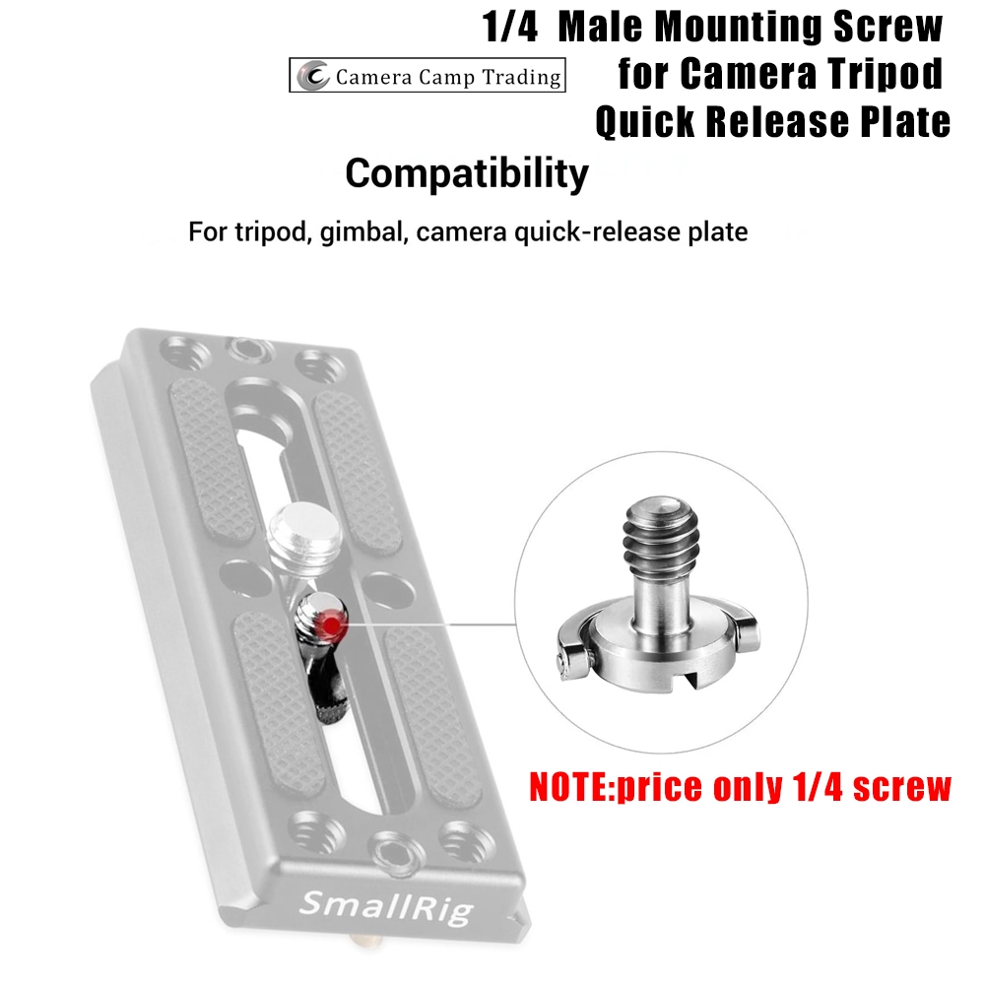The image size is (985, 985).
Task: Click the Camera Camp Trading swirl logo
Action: point(313,76)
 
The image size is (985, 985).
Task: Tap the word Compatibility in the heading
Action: point(467,174)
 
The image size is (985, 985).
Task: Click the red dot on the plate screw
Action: point(331,624)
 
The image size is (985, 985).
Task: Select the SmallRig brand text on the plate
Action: point(386,907)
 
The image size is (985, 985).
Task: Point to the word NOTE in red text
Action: point(570,787)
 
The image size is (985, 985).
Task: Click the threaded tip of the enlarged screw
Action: point(660,533)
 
